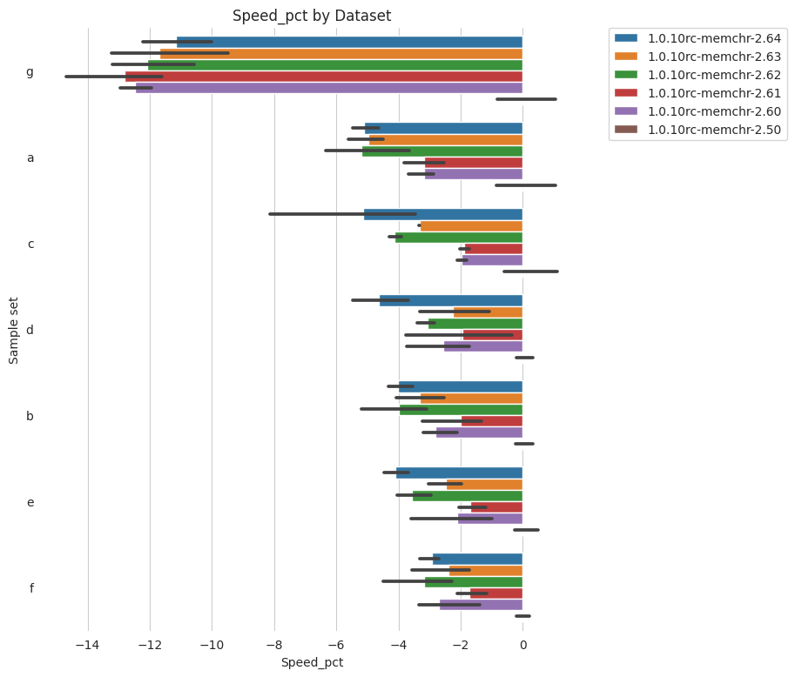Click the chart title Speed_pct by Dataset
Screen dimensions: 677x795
click(x=312, y=16)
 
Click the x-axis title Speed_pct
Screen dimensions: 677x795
click(x=312, y=662)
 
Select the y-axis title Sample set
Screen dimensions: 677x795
click(x=14, y=330)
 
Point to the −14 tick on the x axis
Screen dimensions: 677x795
click(x=88, y=645)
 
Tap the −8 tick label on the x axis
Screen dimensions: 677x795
click(x=274, y=645)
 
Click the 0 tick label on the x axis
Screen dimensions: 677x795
click(x=522, y=645)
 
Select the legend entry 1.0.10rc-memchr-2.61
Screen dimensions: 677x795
click(x=713, y=93)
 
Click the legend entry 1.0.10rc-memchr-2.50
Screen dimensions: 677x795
click(x=713, y=131)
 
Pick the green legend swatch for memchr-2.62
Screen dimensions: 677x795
click(x=625, y=75)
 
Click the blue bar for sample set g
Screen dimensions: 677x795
click(x=349, y=42)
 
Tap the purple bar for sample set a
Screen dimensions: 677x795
click(x=474, y=174)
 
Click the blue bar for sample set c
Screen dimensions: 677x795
click(x=443, y=214)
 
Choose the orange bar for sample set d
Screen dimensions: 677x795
click(x=488, y=312)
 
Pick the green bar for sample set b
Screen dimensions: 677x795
click(x=461, y=409)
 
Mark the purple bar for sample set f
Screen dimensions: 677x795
click(x=481, y=605)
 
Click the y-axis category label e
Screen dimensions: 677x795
click(x=30, y=502)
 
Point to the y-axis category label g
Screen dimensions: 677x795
click(x=30, y=71)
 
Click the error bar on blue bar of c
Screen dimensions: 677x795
click(x=342, y=214)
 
